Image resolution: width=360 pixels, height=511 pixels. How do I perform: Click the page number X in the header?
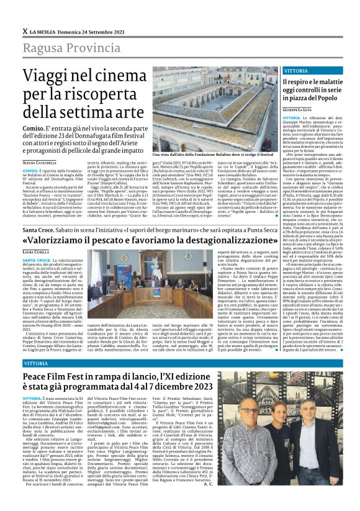pyautogui.click(x=24, y=13)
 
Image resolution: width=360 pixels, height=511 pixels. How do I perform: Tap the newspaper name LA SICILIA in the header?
pyautogui.click(x=47, y=13)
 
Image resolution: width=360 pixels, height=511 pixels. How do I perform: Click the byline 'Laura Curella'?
pyautogui.click(x=37, y=252)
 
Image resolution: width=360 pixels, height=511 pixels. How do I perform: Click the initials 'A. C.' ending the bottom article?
pyautogui.click(x=266, y=500)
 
